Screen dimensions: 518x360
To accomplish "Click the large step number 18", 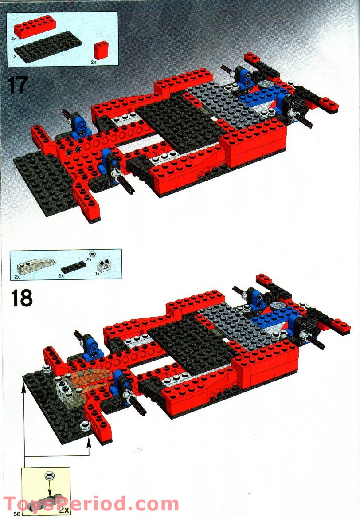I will pos(22,298).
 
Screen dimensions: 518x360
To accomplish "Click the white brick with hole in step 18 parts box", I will pos(105,265).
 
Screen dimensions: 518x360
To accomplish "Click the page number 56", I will pos(17,514).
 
